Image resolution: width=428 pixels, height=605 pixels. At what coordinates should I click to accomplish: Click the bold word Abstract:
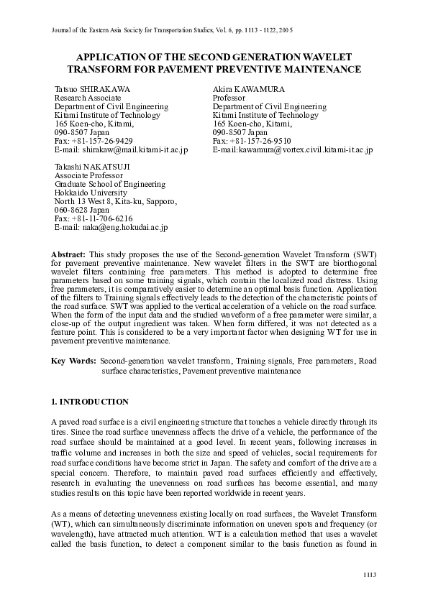(68, 255)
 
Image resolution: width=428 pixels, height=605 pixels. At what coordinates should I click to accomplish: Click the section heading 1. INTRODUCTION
(90, 401)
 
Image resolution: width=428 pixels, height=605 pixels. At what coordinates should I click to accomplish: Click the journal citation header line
(173, 31)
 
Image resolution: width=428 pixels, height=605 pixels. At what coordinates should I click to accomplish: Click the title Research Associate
(88, 97)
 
